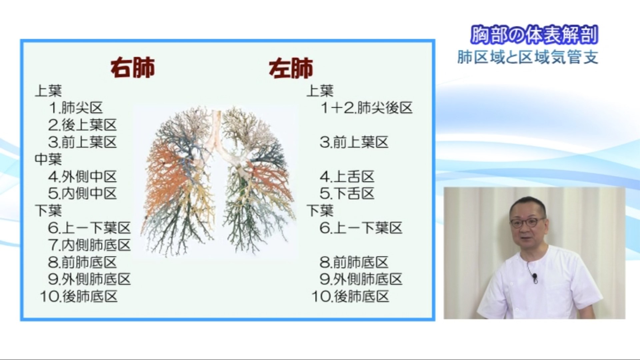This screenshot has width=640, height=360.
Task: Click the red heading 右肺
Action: pos(132,68)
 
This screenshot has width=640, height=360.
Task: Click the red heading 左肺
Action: pos(291,68)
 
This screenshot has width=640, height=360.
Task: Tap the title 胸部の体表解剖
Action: pos(534,35)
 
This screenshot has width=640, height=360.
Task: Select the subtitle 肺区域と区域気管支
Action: pos(528,57)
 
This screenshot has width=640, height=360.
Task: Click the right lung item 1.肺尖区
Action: pos(76,108)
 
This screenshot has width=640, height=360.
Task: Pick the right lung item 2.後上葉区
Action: pos(82,125)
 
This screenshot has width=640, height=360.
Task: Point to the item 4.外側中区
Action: pos(82,177)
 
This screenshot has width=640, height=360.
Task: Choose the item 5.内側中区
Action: pos(82,194)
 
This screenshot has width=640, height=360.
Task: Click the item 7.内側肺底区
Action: pos(89,245)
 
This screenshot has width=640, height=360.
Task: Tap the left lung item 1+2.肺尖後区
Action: pos(366,108)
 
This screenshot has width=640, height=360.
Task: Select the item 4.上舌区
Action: pos(347,177)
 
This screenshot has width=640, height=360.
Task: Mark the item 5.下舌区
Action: pos(347,194)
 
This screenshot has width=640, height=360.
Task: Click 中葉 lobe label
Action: pos(48,159)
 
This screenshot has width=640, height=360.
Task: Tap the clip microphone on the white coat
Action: pos(534,277)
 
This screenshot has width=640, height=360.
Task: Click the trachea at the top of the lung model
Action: pos(217,125)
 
